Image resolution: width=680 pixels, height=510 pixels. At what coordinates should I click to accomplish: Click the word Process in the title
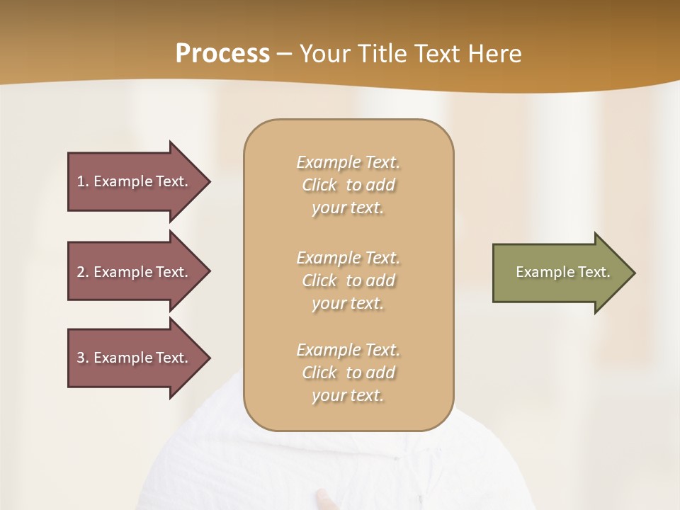[222, 54]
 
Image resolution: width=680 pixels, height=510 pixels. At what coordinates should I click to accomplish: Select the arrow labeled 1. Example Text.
[135, 181]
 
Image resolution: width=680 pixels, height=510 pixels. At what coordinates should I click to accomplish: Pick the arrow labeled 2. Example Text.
[135, 272]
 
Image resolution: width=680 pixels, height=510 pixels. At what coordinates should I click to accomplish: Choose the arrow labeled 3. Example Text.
[135, 358]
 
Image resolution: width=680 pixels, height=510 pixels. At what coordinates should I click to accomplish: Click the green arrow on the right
[560, 272]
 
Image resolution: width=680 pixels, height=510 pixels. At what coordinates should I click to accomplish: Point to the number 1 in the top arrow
[81, 181]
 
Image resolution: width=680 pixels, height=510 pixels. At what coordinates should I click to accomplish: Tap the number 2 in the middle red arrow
[81, 272]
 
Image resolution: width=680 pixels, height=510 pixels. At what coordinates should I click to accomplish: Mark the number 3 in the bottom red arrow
[81, 358]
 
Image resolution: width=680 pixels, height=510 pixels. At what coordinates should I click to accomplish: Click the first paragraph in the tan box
[348, 185]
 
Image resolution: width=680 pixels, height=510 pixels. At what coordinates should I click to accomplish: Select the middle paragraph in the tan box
[348, 280]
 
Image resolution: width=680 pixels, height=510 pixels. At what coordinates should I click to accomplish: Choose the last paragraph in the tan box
[348, 373]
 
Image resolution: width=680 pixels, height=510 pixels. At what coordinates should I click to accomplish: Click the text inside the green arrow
[563, 272]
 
